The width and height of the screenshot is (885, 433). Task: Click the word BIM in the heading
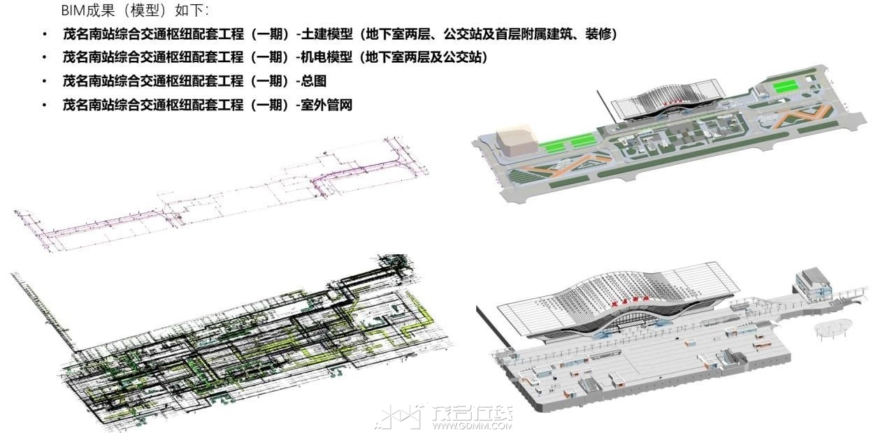coord(73,10)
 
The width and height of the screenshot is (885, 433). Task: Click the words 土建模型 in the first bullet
coord(326,34)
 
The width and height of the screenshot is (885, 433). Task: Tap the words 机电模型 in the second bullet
coord(326,58)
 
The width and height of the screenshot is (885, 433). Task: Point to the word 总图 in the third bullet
coord(314,81)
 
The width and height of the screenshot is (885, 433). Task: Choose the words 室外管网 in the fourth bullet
coord(326,105)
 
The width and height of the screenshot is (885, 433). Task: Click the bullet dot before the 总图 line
coord(45,81)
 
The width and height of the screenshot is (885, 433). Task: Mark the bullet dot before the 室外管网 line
coord(45,105)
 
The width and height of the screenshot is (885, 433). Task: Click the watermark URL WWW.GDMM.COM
coord(472,426)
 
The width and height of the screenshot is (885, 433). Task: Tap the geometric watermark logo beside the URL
coord(400,416)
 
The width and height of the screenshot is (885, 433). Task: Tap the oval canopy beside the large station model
coord(831,328)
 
